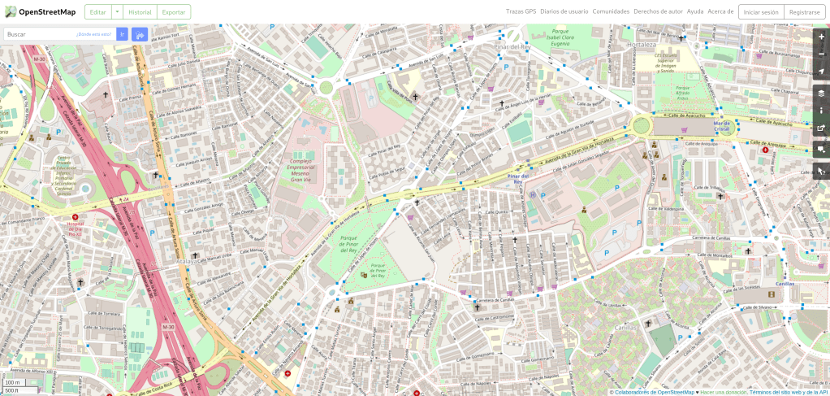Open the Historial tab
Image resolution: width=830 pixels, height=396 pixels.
point(140,12)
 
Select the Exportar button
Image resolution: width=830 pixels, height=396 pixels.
point(173,12)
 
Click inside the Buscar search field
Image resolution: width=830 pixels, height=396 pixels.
point(41,34)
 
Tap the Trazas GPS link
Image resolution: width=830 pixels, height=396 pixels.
point(521,11)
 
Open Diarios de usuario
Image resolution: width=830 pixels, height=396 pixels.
point(564,11)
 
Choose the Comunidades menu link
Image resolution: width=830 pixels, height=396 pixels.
point(611,11)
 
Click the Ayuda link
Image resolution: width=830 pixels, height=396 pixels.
point(695,11)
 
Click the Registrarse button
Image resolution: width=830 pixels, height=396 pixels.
point(804,12)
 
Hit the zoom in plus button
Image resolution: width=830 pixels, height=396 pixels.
point(821,37)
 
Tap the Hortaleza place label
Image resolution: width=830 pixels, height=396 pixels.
point(642,45)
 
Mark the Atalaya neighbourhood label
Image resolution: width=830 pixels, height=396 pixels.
point(187,263)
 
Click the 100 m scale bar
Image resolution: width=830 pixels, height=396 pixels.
point(13,382)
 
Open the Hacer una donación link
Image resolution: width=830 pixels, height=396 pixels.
point(723,392)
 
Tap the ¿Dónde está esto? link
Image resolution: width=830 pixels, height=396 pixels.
point(93,34)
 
